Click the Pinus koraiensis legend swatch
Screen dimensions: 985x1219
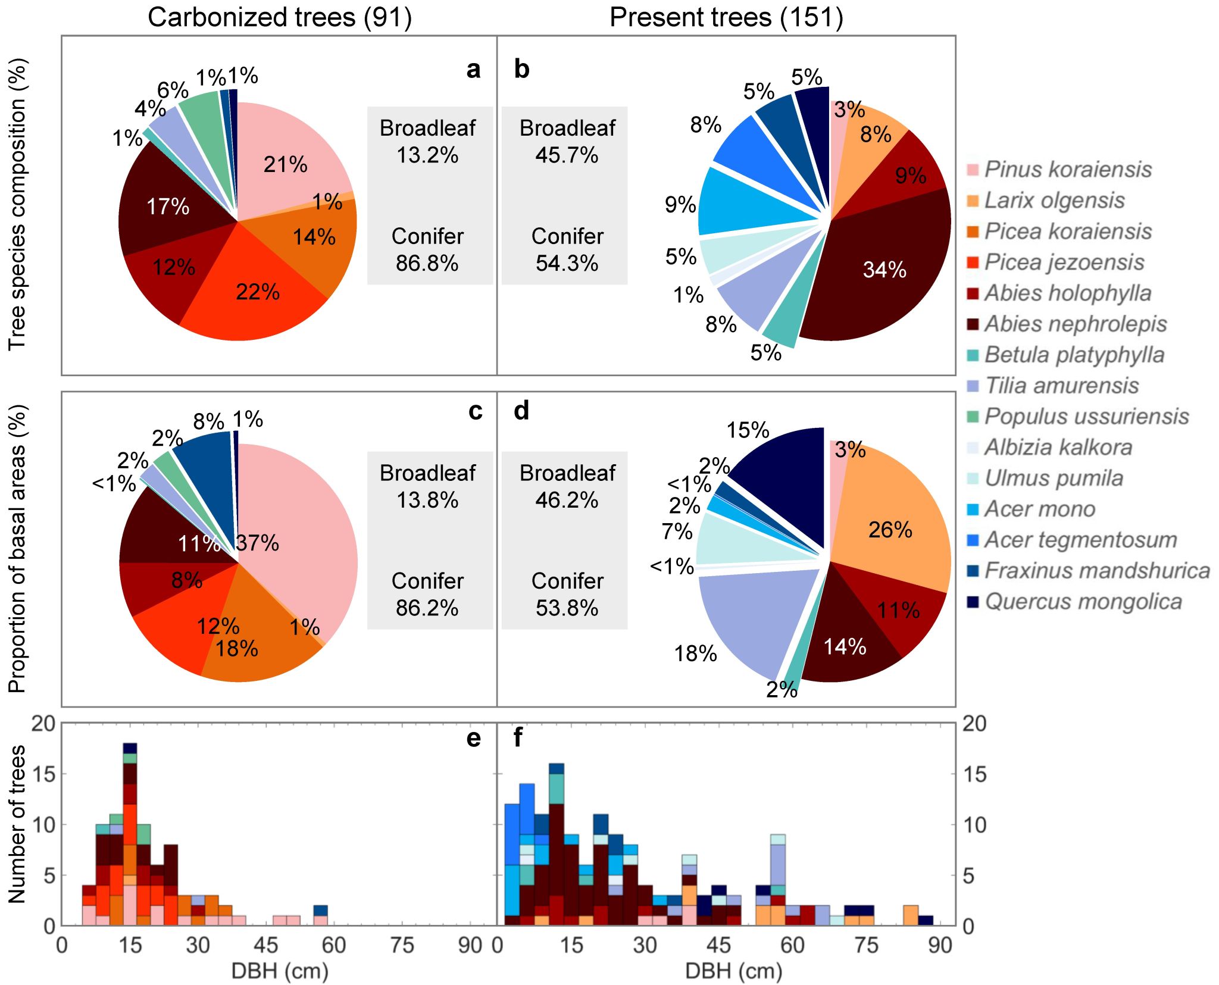point(973,170)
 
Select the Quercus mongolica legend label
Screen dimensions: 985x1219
point(1083,602)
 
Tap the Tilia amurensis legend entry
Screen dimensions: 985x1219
point(1062,386)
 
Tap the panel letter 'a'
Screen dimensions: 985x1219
point(473,70)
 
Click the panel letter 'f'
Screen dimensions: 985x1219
point(518,738)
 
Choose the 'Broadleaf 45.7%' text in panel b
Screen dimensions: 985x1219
point(567,142)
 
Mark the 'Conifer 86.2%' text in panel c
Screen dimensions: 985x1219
point(427,594)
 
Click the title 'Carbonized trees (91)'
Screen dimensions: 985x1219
point(280,17)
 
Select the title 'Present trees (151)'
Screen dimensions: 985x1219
point(726,17)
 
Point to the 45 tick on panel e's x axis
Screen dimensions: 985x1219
point(266,945)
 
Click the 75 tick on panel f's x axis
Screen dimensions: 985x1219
point(866,945)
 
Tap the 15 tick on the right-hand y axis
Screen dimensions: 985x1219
point(974,774)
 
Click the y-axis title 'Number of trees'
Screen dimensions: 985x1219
point(17,824)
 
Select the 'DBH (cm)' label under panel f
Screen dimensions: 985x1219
point(733,971)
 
